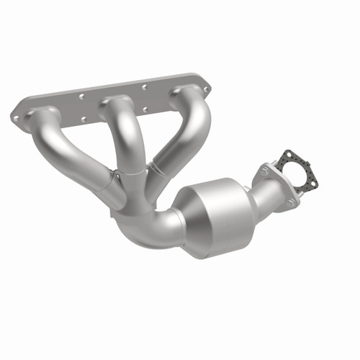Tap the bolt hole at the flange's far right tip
(207, 89)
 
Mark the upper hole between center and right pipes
(145, 87)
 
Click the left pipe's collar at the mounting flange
(45, 115)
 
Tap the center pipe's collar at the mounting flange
(115, 104)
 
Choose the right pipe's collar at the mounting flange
(186, 94)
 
